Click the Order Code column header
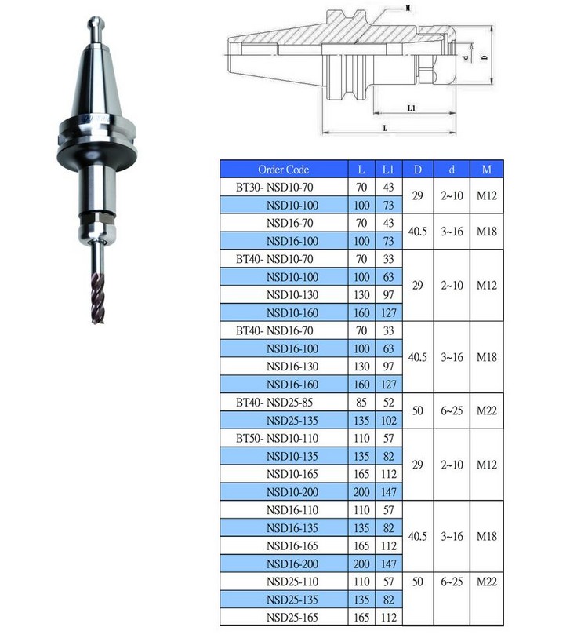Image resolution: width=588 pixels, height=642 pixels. point(283,170)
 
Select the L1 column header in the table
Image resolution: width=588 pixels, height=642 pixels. point(388,170)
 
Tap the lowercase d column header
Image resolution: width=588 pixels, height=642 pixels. point(452,170)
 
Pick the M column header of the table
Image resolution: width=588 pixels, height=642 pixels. point(486,170)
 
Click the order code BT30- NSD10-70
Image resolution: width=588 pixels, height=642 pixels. point(274,188)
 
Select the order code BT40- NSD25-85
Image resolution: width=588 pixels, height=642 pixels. point(274,403)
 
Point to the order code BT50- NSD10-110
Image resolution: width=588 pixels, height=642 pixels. point(277,439)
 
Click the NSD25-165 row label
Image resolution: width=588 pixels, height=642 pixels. point(292,618)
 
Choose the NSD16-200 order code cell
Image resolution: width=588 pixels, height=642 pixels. point(292,564)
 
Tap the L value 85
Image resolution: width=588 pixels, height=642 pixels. point(361,403)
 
